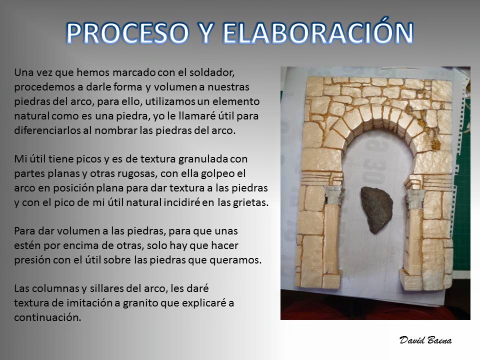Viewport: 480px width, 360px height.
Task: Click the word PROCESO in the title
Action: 127,33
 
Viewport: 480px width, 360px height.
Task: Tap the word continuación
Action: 47,317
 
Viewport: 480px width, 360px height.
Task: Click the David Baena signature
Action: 425,340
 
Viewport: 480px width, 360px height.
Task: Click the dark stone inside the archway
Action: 376,209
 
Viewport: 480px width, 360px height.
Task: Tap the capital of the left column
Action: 333,195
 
